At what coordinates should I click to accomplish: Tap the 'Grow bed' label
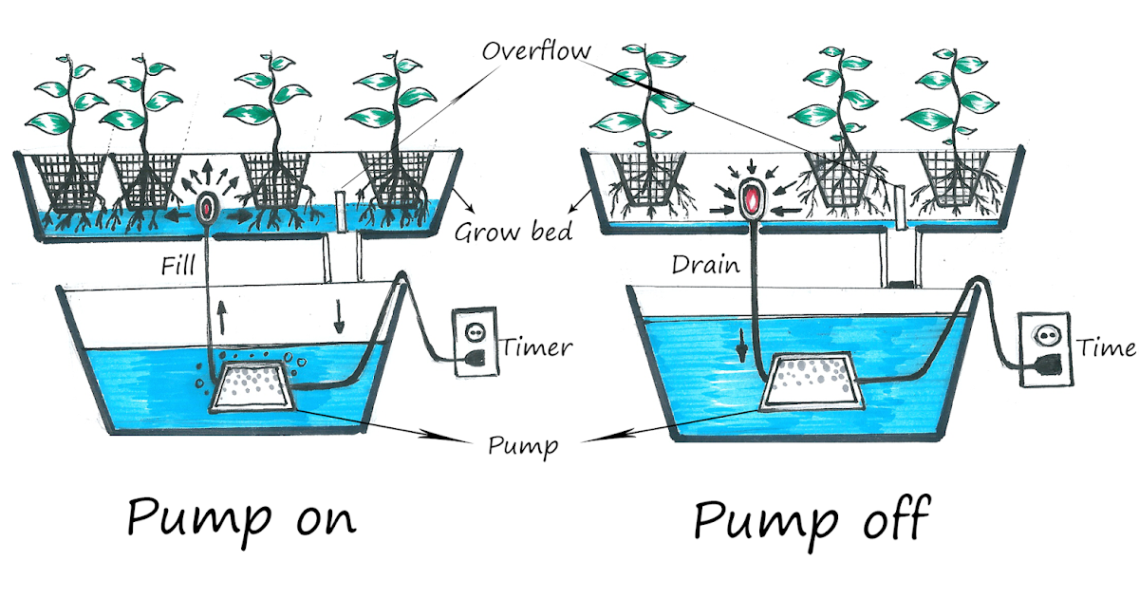point(512,231)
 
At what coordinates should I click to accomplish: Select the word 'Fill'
point(177,268)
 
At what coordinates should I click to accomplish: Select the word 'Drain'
point(704,265)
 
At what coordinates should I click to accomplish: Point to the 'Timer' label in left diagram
point(538,346)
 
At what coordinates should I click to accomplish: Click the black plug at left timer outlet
point(476,358)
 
